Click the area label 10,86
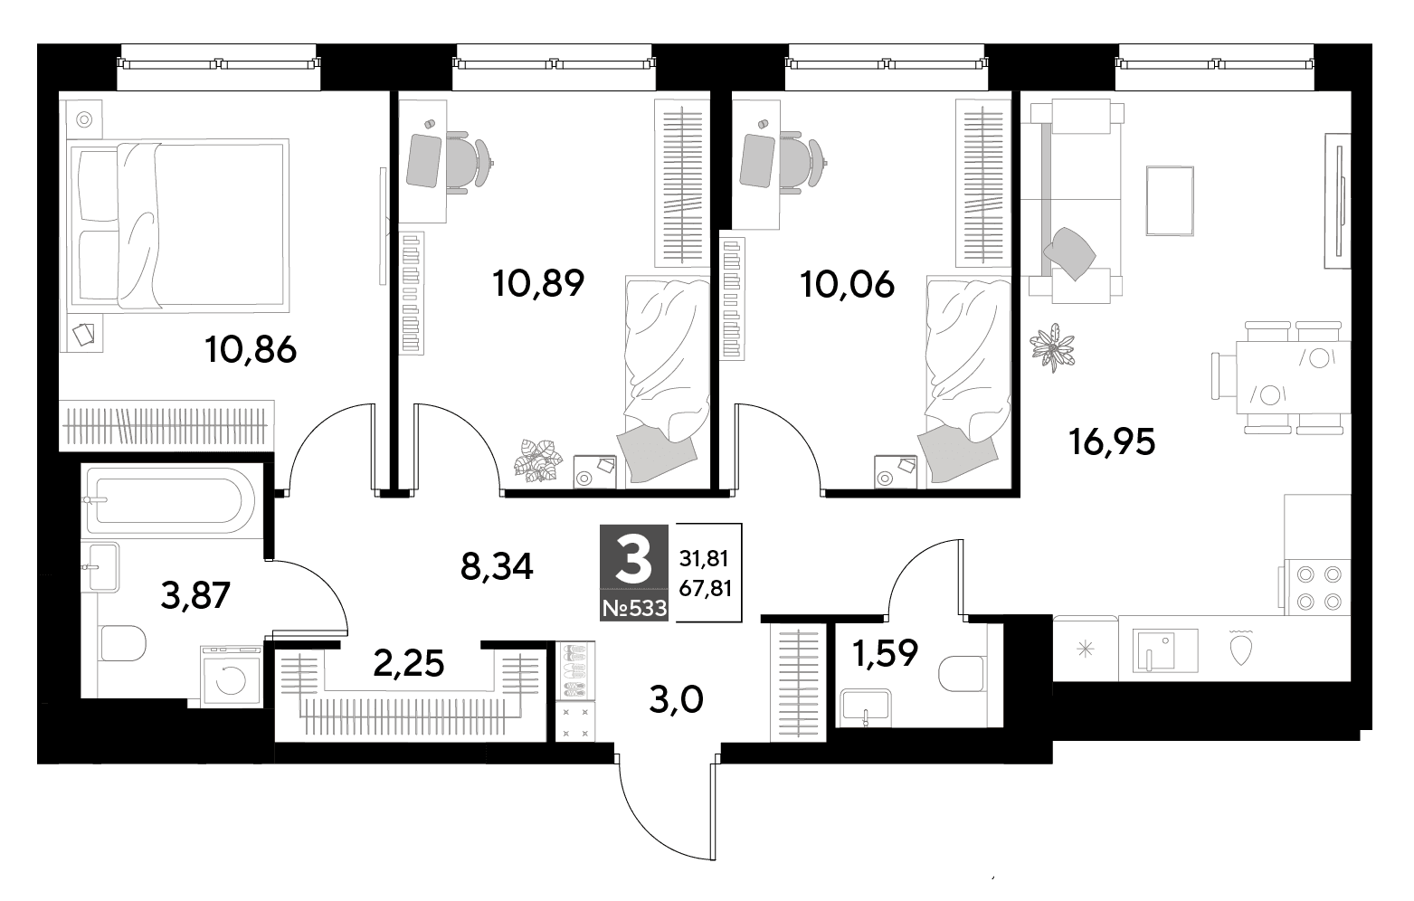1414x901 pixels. [251, 350]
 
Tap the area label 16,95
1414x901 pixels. [1112, 442]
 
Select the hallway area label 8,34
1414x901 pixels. [497, 567]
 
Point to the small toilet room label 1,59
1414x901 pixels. [885, 653]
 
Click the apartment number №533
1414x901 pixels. [634, 608]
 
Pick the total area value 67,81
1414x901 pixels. [705, 589]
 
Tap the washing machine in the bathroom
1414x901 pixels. [231, 676]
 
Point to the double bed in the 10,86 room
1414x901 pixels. [178, 225]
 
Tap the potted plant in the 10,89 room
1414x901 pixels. [537, 460]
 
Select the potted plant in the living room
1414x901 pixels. [1051, 346]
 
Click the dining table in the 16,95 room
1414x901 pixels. [1293, 377]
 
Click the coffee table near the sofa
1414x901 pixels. [1170, 201]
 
